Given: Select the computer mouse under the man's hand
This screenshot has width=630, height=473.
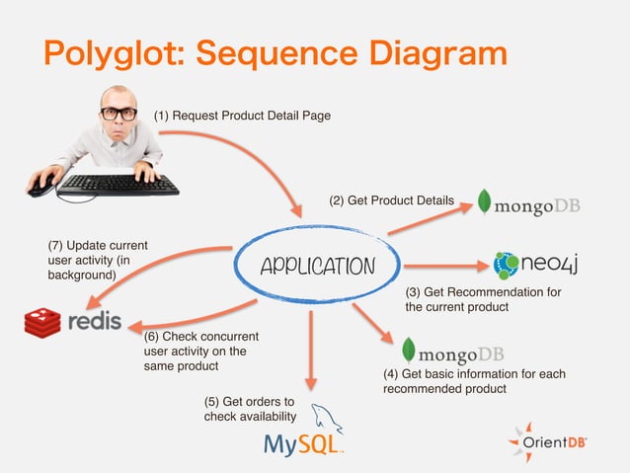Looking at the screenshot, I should click(41, 185).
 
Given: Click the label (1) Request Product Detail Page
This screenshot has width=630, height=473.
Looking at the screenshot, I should click(241, 117).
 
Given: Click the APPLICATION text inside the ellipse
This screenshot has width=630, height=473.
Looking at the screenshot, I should click(317, 267).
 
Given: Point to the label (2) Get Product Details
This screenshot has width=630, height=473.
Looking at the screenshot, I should click(391, 201).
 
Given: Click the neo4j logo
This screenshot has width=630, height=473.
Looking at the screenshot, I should click(541, 264).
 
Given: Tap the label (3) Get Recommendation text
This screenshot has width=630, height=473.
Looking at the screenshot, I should click(483, 299).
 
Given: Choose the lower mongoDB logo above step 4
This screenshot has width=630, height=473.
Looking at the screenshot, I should click(452, 353).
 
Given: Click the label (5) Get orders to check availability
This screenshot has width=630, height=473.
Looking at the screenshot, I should click(250, 409).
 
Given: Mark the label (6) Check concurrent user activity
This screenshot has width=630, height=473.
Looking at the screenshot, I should click(190, 351).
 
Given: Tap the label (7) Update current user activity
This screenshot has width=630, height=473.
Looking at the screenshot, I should click(98, 260).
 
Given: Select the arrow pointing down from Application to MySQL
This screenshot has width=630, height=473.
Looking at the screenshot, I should click(312, 351).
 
